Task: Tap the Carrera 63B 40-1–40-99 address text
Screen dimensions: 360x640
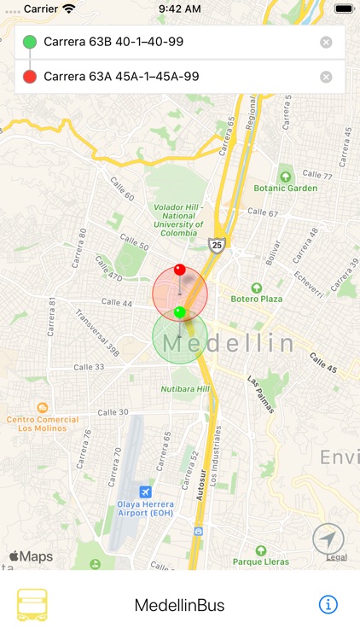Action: coord(113,42)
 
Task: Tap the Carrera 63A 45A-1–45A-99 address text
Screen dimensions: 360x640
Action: coord(121,77)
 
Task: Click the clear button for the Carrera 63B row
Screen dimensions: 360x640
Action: coord(326,43)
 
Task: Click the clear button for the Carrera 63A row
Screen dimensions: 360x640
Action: coord(326,77)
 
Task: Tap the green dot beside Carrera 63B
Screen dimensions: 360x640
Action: coord(30,42)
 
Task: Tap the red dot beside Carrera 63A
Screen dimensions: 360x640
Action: coord(30,77)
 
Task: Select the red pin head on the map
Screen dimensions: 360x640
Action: coord(179,271)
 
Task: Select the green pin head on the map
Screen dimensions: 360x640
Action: coord(179,312)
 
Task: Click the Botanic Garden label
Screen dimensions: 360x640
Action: coord(285,188)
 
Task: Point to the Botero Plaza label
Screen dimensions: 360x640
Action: coord(257,299)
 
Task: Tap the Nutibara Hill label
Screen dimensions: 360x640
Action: coord(185,389)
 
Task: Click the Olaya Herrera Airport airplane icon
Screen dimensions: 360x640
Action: coord(145,492)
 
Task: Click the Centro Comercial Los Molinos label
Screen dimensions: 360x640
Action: coord(43,423)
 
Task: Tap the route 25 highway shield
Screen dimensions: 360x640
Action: coord(218,245)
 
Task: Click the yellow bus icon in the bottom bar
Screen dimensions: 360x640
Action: coord(32,604)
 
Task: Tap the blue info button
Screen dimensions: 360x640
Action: coord(328,604)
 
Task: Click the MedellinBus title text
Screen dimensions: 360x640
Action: coord(179,605)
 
